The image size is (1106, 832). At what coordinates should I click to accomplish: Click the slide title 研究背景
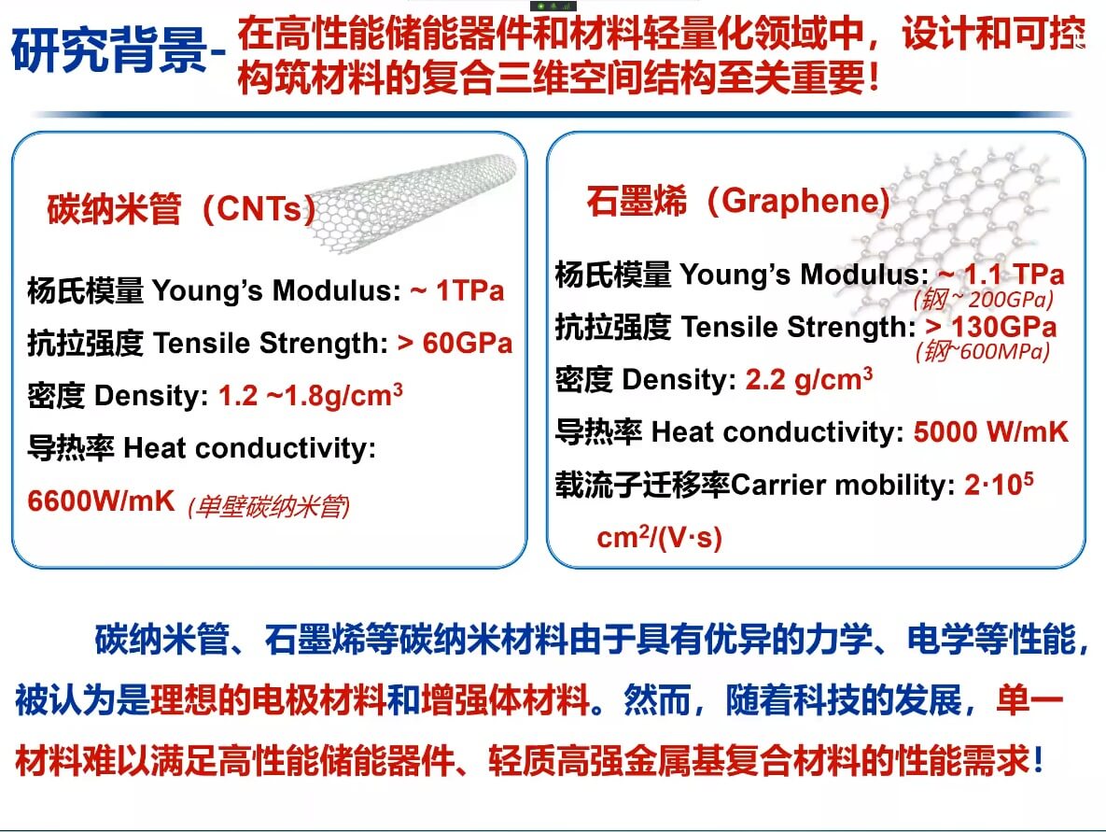point(108,51)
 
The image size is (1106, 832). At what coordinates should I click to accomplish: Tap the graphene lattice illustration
point(971,224)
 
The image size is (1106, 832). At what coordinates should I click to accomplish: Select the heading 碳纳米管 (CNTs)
point(180,209)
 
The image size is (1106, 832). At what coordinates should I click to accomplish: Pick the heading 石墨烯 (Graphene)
point(737,202)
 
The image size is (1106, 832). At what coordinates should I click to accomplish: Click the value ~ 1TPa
point(457,290)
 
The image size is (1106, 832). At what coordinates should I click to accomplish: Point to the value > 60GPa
point(455,343)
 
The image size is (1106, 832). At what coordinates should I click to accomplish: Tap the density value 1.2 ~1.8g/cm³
point(311,395)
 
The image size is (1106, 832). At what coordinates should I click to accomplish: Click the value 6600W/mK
point(102,501)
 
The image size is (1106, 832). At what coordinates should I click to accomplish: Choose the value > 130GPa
point(990,327)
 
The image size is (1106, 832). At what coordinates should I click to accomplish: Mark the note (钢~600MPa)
point(982,352)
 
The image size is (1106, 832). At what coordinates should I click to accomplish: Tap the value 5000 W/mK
point(990,431)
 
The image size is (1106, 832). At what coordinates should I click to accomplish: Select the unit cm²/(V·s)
point(659,538)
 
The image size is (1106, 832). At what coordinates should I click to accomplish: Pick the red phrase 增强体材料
point(505,699)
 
